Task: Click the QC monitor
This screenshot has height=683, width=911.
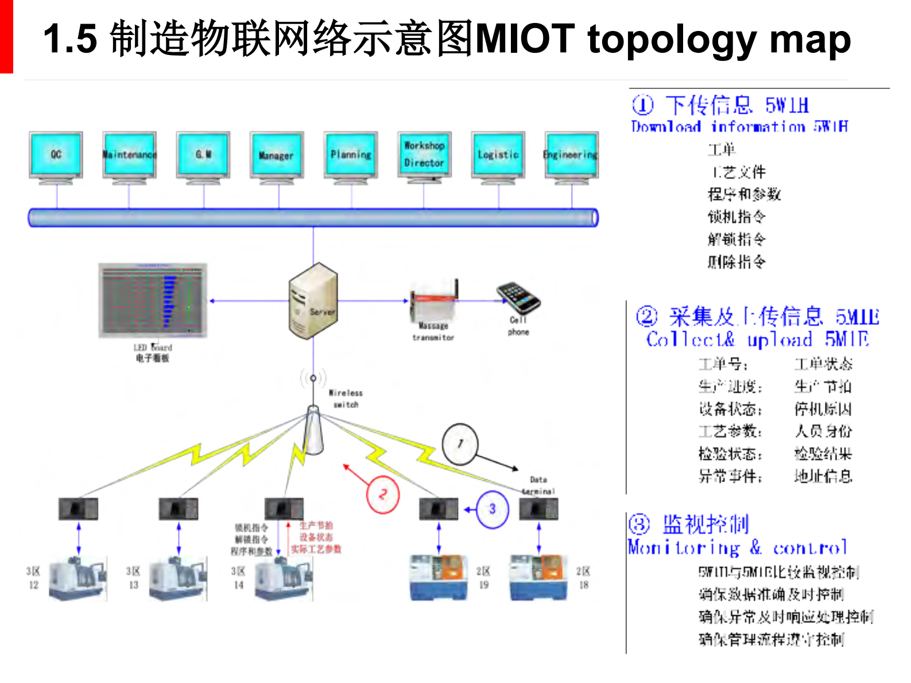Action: (x=56, y=154)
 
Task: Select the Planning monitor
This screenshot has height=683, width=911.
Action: (x=351, y=154)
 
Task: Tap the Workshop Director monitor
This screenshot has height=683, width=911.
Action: (x=424, y=154)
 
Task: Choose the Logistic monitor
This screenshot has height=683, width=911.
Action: (x=498, y=154)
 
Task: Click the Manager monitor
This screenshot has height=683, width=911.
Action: (x=277, y=155)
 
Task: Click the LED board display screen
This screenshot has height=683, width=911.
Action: (x=153, y=300)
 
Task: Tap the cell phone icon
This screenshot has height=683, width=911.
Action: (x=518, y=297)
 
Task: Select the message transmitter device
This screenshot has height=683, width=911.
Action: (x=434, y=304)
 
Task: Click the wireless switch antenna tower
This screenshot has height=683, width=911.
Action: (x=313, y=430)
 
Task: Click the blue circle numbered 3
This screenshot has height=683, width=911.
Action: (x=492, y=509)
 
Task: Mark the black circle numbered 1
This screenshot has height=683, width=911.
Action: (x=460, y=444)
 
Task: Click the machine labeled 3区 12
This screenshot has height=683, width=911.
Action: (x=77, y=579)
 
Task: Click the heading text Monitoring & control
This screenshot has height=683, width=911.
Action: (x=737, y=548)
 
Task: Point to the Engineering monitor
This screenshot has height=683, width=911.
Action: (x=572, y=154)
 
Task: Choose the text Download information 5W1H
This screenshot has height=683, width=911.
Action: (x=739, y=126)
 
